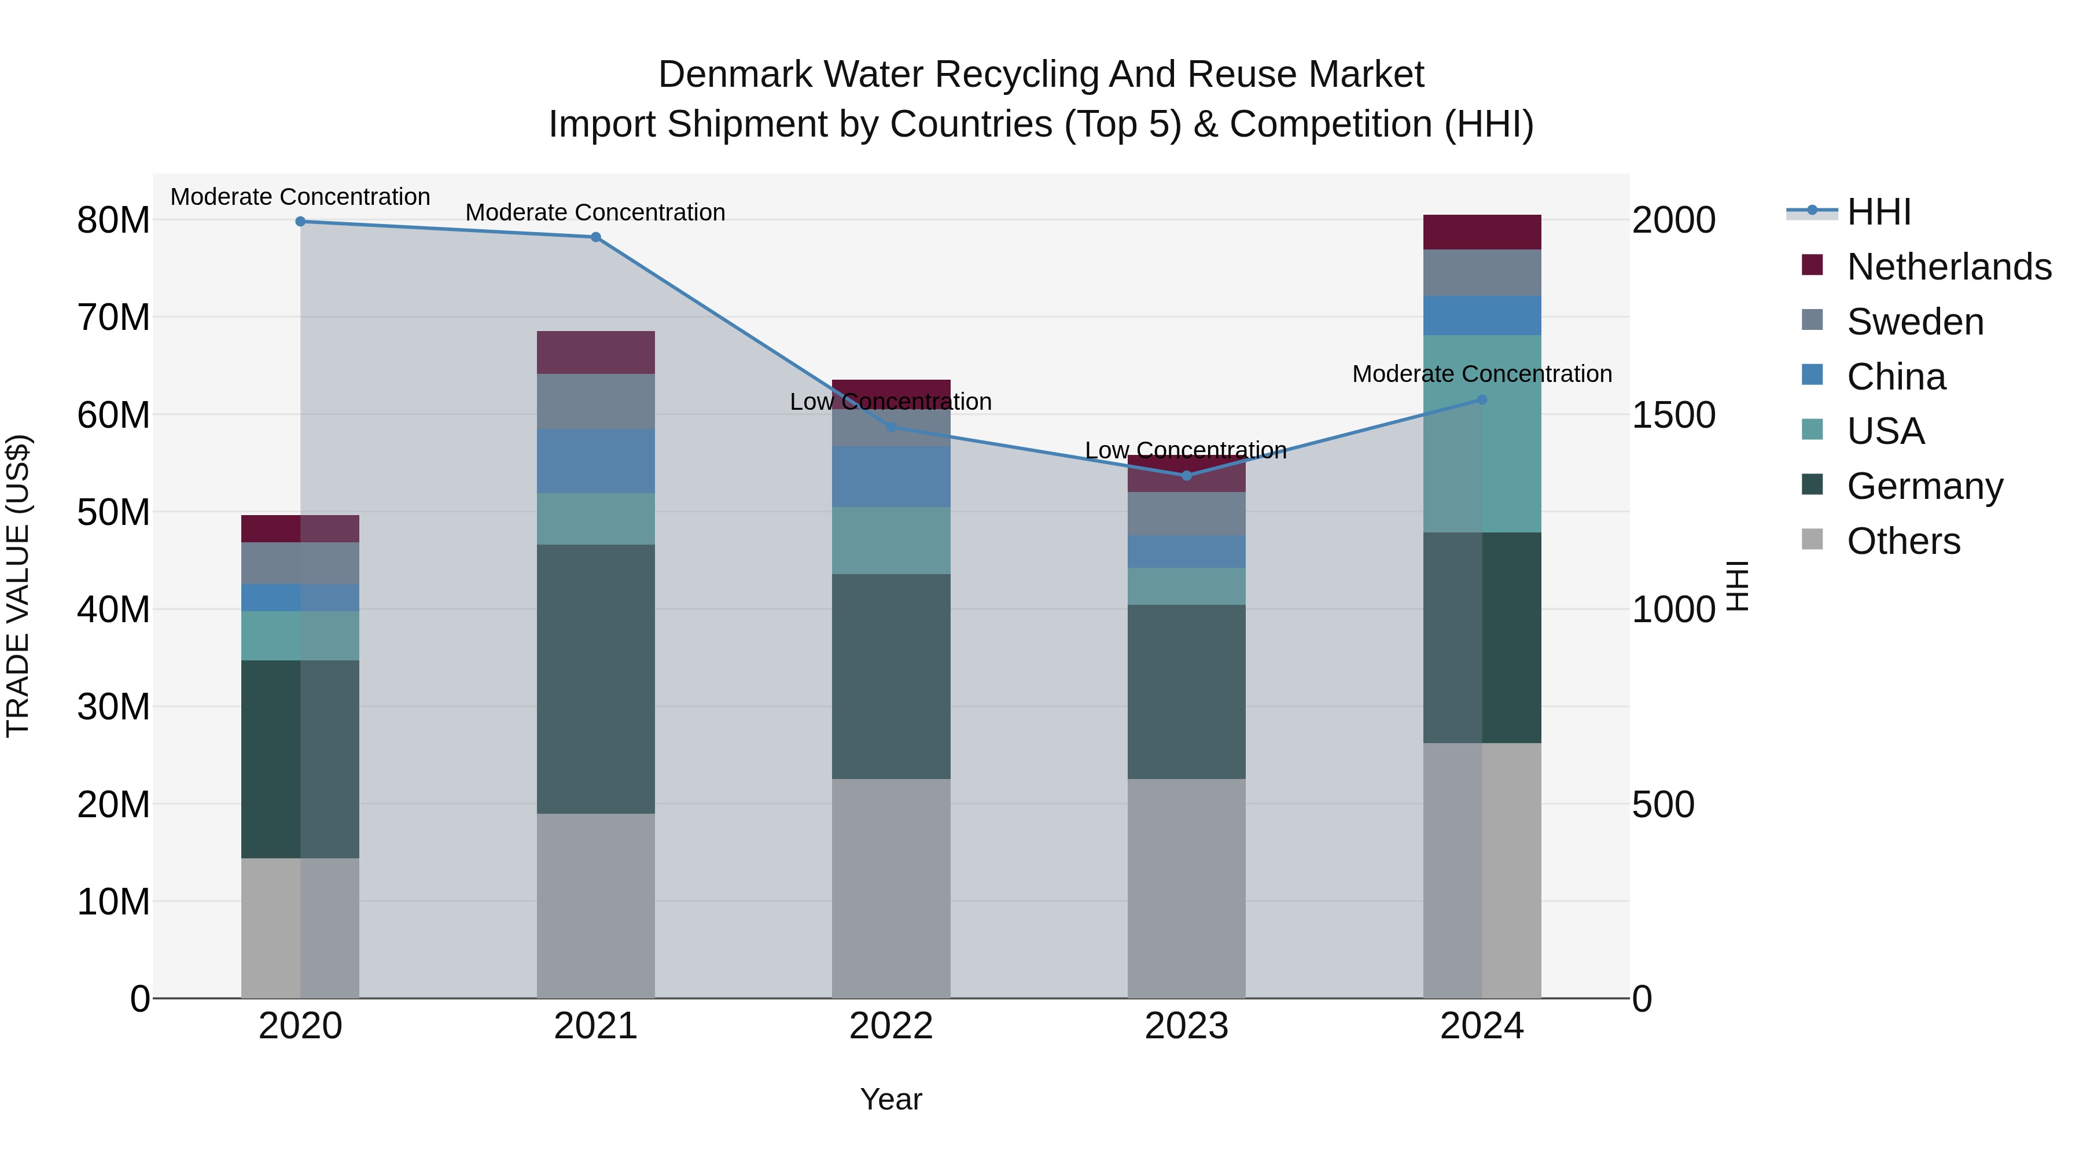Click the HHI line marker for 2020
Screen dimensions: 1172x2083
300,222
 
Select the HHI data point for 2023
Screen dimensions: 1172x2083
1186,476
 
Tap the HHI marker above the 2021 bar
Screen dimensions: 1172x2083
596,237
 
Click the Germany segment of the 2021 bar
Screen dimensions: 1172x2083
596,679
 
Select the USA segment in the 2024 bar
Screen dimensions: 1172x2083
1482,434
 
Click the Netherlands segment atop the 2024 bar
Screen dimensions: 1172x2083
1482,232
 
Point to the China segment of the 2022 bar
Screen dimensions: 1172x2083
891,477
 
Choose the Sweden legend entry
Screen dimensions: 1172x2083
1915,322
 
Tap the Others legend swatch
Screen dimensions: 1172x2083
1812,539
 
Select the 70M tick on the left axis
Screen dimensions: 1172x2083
113,317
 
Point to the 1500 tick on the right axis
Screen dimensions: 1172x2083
1673,415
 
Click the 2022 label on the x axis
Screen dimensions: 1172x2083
891,1026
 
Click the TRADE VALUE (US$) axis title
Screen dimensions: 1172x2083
19,586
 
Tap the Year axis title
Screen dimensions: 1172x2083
891,1099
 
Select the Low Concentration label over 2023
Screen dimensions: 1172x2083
1186,450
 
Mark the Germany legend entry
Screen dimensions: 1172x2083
1924,486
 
